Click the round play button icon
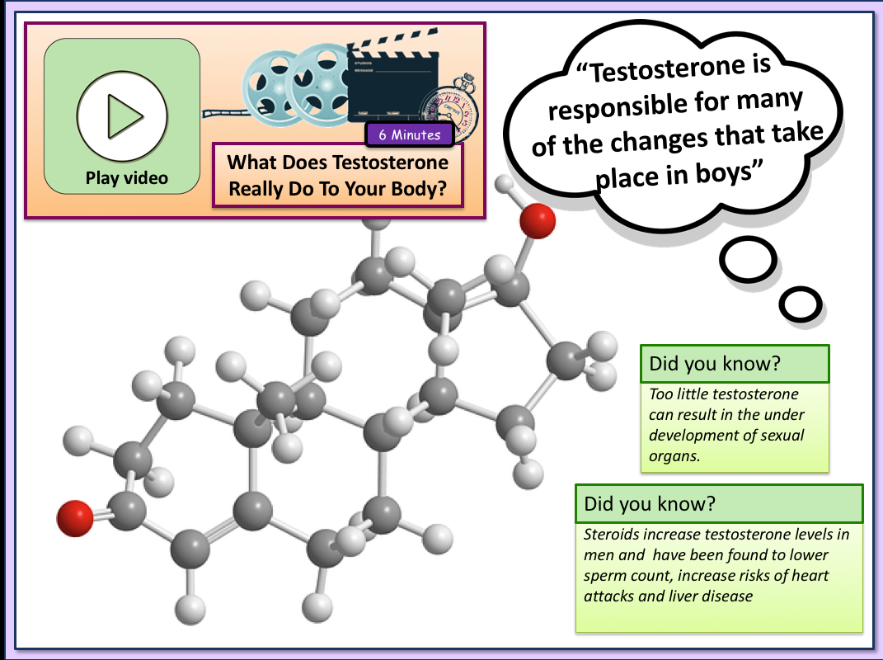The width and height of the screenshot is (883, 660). (122, 116)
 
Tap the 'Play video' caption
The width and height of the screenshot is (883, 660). (127, 178)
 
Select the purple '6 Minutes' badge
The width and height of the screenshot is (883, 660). (410, 134)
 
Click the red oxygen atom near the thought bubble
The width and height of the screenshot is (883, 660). (538, 221)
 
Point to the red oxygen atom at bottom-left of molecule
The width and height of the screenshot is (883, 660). (75, 518)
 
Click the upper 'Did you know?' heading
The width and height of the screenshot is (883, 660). (715, 364)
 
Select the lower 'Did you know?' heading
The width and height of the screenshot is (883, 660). (650, 503)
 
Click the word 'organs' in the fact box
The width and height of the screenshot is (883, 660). (674, 456)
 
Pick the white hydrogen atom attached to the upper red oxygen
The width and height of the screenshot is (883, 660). (504, 183)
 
